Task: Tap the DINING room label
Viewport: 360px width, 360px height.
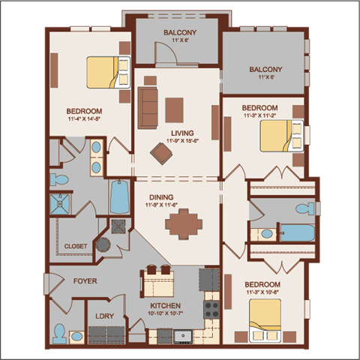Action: (x=158, y=196)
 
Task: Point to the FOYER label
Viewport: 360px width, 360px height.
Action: (x=85, y=281)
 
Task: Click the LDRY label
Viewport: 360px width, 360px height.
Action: (x=104, y=316)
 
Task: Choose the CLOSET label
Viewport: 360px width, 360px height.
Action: (x=75, y=246)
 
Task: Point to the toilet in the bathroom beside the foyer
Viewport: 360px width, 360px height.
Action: (x=59, y=331)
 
